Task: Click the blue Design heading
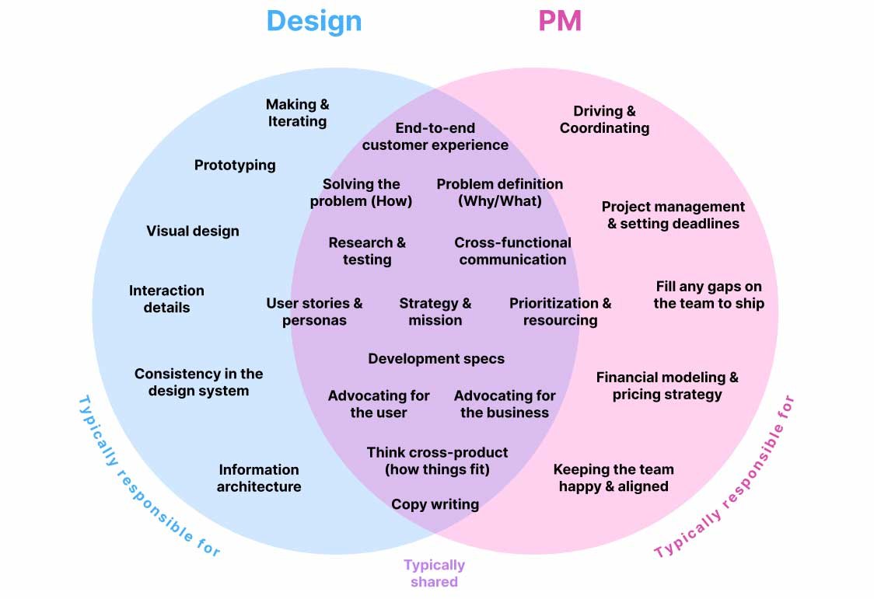[x=314, y=21]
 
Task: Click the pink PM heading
[x=560, y=21]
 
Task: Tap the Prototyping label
[x=235, y=165]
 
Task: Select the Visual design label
[x=193, y=231]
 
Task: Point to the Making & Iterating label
[x=297, y=113]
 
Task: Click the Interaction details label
[x=166, y=299]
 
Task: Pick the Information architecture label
[x=259, y=478]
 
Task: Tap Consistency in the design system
[x=198, y=382]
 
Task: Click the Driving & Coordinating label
[x=604, y=120]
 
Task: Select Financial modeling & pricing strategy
[x=667, y=385]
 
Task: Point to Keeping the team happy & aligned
[x=614, y=478]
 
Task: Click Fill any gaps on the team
[x=708, y=294]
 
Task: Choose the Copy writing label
[x=435, y=504]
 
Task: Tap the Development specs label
[x=436, y=358]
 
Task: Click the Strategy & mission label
[x=435, y=312]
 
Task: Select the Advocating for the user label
[x=379, y=404]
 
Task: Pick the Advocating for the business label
[x=505, y=404]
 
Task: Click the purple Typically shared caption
[x=434, y=573]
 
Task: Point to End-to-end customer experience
[x=435, y=137]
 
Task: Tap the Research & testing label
[x=367, y=251]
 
